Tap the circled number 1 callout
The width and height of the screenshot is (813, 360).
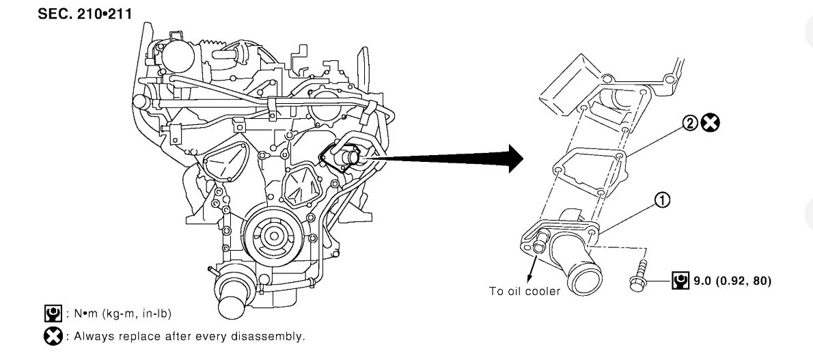[x=661, y=199]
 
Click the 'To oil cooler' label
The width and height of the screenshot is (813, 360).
[x=524, y=290]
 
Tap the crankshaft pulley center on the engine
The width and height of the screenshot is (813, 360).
[x=274, y=236]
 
